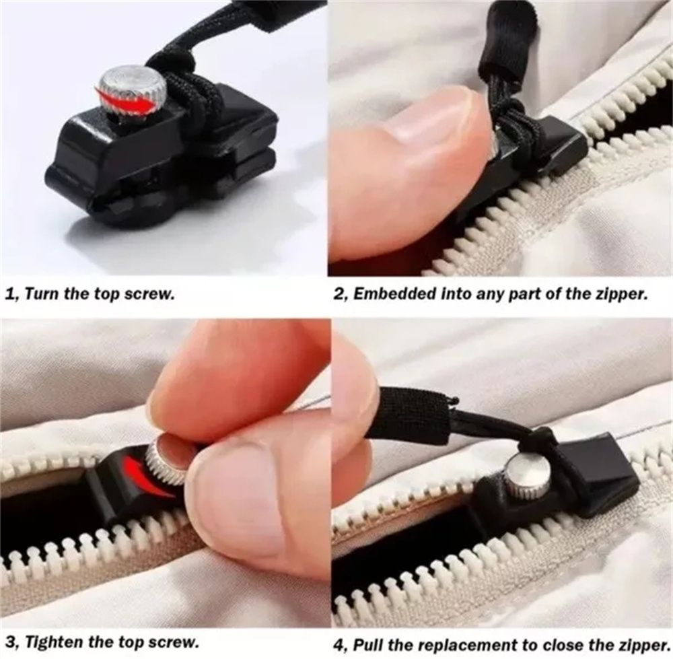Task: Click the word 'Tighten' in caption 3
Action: tap(54, 643)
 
